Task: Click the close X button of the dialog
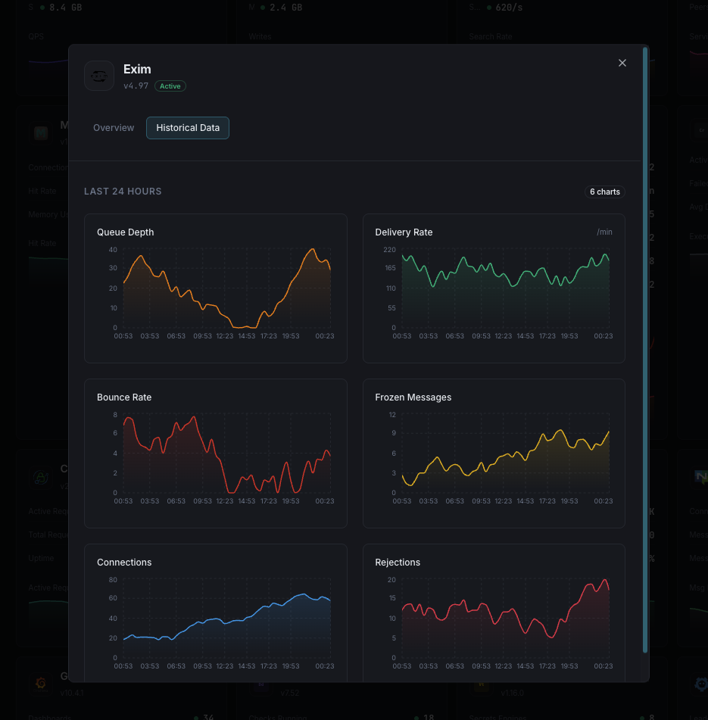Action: (x=622, y=63)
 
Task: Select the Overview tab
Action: (x=114, y=128)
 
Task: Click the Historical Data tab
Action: (x=188, y=128)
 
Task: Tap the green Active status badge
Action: (x=170, y=86)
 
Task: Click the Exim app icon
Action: (x=99, y=76)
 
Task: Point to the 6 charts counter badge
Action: (x=605, y=192)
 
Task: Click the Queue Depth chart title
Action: (x=126, y=232)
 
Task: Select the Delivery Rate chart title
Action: (x=404, y=232)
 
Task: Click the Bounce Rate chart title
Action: (x=124, y=397)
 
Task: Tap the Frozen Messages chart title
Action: (x=413, y=397)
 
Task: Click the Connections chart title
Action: (x=124, y=563)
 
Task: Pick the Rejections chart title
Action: (x=398, y=563)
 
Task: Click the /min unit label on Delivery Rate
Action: (x=604, y=232)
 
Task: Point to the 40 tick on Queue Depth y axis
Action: (x=113, y=250)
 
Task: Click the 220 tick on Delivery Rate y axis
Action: (x=389, y=250)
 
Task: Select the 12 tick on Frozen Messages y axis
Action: (x=392, y=415)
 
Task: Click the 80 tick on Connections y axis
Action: (x=113, y=580)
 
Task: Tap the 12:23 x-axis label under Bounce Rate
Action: (x=225, y=501)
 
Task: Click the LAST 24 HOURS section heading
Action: (x=123, y=192)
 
